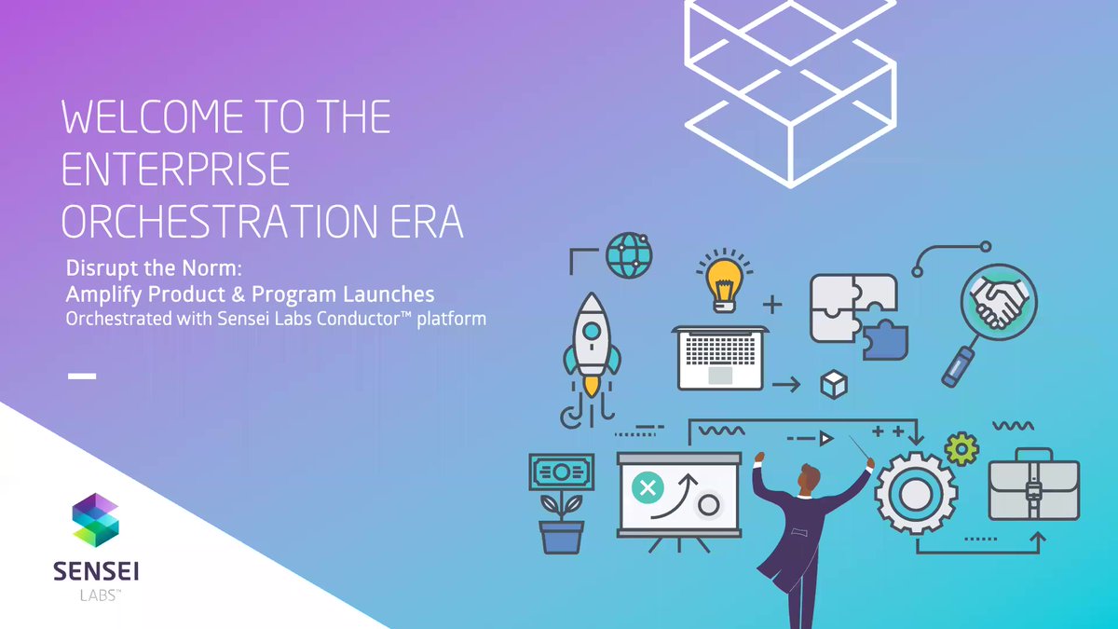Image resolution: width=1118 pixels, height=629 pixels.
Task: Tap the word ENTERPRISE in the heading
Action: coord(176,170)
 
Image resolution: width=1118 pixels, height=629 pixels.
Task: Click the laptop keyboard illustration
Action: coord(720,355)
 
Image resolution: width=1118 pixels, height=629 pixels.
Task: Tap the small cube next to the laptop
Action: coord(833,384)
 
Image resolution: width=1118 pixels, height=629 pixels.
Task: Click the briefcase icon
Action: coord(1033,488)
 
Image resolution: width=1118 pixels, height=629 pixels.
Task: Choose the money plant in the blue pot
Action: coord(559,503)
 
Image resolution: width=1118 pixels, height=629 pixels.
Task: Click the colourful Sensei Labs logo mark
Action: coord(96,519)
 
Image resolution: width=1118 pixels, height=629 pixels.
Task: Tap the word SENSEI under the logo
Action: coord(96,570)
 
